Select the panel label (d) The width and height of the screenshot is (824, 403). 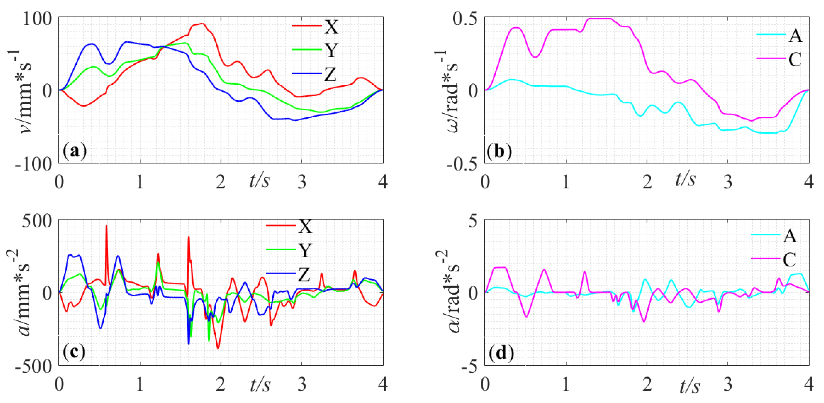coord(501,352)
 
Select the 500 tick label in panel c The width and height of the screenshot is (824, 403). coord(37,221)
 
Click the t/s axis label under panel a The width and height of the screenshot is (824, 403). coord(259,180)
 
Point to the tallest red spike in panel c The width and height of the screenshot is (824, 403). coord(107,226)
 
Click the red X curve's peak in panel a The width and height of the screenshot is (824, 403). coord(202,23)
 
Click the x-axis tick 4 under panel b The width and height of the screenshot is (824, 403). coord(808,182)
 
